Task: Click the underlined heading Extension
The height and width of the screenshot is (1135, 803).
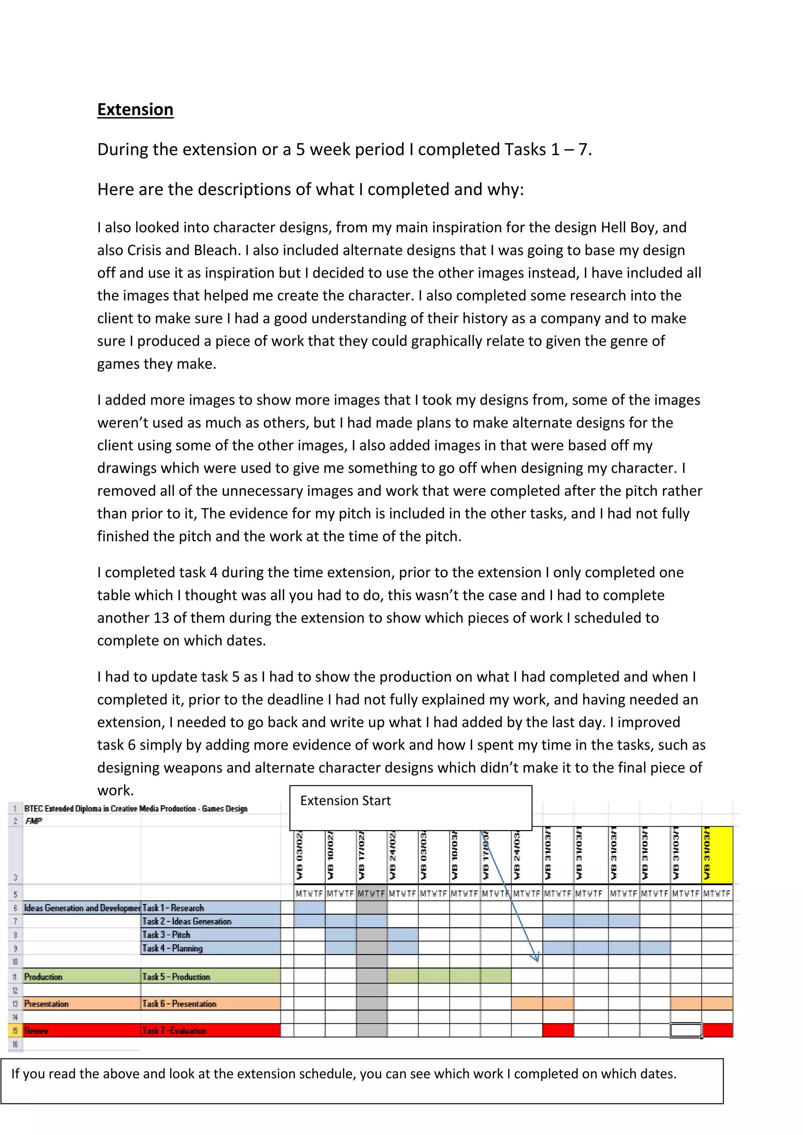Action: click(x=135, y=109)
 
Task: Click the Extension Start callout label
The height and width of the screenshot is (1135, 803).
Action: click(x=345, y=800)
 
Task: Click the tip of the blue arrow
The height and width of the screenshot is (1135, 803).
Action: click(x=536, y=960)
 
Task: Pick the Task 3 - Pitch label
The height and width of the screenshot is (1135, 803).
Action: click(x=166, y=934)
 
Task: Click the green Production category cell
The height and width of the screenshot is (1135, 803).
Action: click(x=44, y=977)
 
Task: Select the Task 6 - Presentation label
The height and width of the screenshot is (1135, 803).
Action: click(x=179, y=1003)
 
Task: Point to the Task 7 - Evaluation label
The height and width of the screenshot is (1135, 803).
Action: click(x=174, y=1031)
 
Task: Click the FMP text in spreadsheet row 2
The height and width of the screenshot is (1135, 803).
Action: click(x=34, y=821)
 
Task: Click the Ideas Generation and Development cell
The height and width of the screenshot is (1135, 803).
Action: click(x=82, y=908)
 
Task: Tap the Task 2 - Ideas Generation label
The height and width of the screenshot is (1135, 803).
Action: click(x=186, y=921)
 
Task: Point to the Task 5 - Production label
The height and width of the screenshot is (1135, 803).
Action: click(x=176, y=977)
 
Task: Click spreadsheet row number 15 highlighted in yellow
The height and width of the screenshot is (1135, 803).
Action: click(x=15, y=1031)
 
